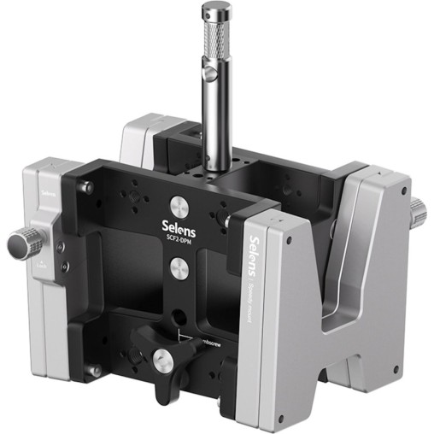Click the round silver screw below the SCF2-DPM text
(179, 268)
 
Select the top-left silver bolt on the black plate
(86, 187)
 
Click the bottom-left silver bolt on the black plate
(95, 370)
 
